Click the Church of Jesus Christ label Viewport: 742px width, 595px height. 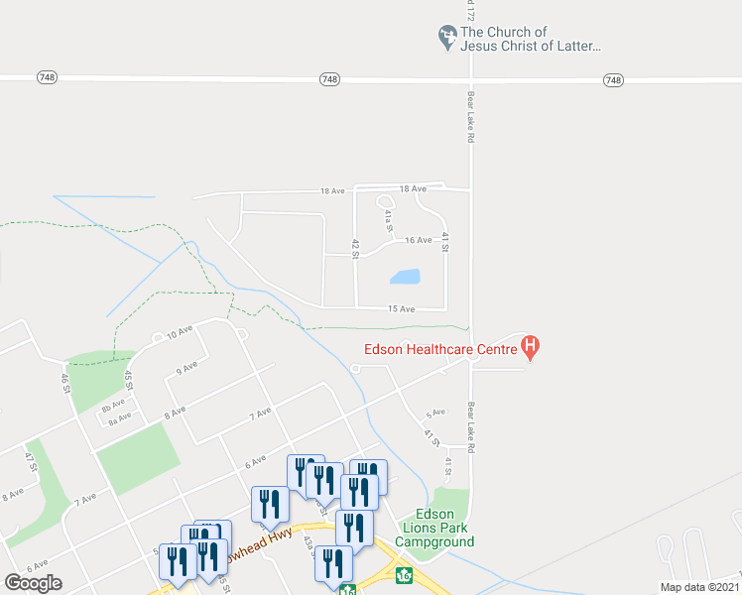tap(531, 39)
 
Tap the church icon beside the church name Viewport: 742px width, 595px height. tap(447, 38)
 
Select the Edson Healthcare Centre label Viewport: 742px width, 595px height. tap(439, 348)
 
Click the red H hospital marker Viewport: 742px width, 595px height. tap(531, 347)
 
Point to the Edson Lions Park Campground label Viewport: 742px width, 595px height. tap(434, 528)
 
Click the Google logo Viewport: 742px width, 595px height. tap(33, 582)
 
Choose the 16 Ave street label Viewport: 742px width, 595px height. tap(417, 240)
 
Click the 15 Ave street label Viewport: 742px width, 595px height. tap(401, 308)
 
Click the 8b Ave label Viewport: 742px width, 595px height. tap(113, 404)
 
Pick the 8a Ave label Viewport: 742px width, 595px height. tap(119, 419)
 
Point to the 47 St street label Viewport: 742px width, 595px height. tap(29, 461)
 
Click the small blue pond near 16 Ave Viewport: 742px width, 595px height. tap(405, 277)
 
